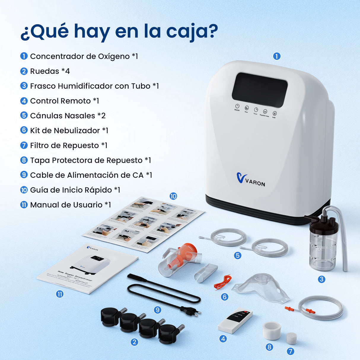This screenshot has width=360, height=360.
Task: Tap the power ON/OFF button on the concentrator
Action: coord(237,106)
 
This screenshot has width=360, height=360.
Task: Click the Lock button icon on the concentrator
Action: coord(275,114)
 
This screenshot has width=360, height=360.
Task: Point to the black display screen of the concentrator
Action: coord(259,90)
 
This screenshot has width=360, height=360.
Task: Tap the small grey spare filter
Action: coord(291,338)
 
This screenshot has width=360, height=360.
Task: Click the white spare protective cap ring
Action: coord(272,330)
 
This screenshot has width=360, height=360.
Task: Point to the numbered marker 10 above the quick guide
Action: coord(173,196)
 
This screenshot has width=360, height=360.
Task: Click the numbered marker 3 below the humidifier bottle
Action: coord(321,279)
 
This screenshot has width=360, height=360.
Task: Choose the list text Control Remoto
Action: coord(60,101)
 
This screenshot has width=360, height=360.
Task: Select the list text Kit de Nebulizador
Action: coord(65,130)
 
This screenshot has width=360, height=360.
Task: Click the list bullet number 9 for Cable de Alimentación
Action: coord(24,175)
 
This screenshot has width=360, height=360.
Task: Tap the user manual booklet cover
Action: coord(87,269)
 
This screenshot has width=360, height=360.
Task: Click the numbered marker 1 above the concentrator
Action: coord(277,56)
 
